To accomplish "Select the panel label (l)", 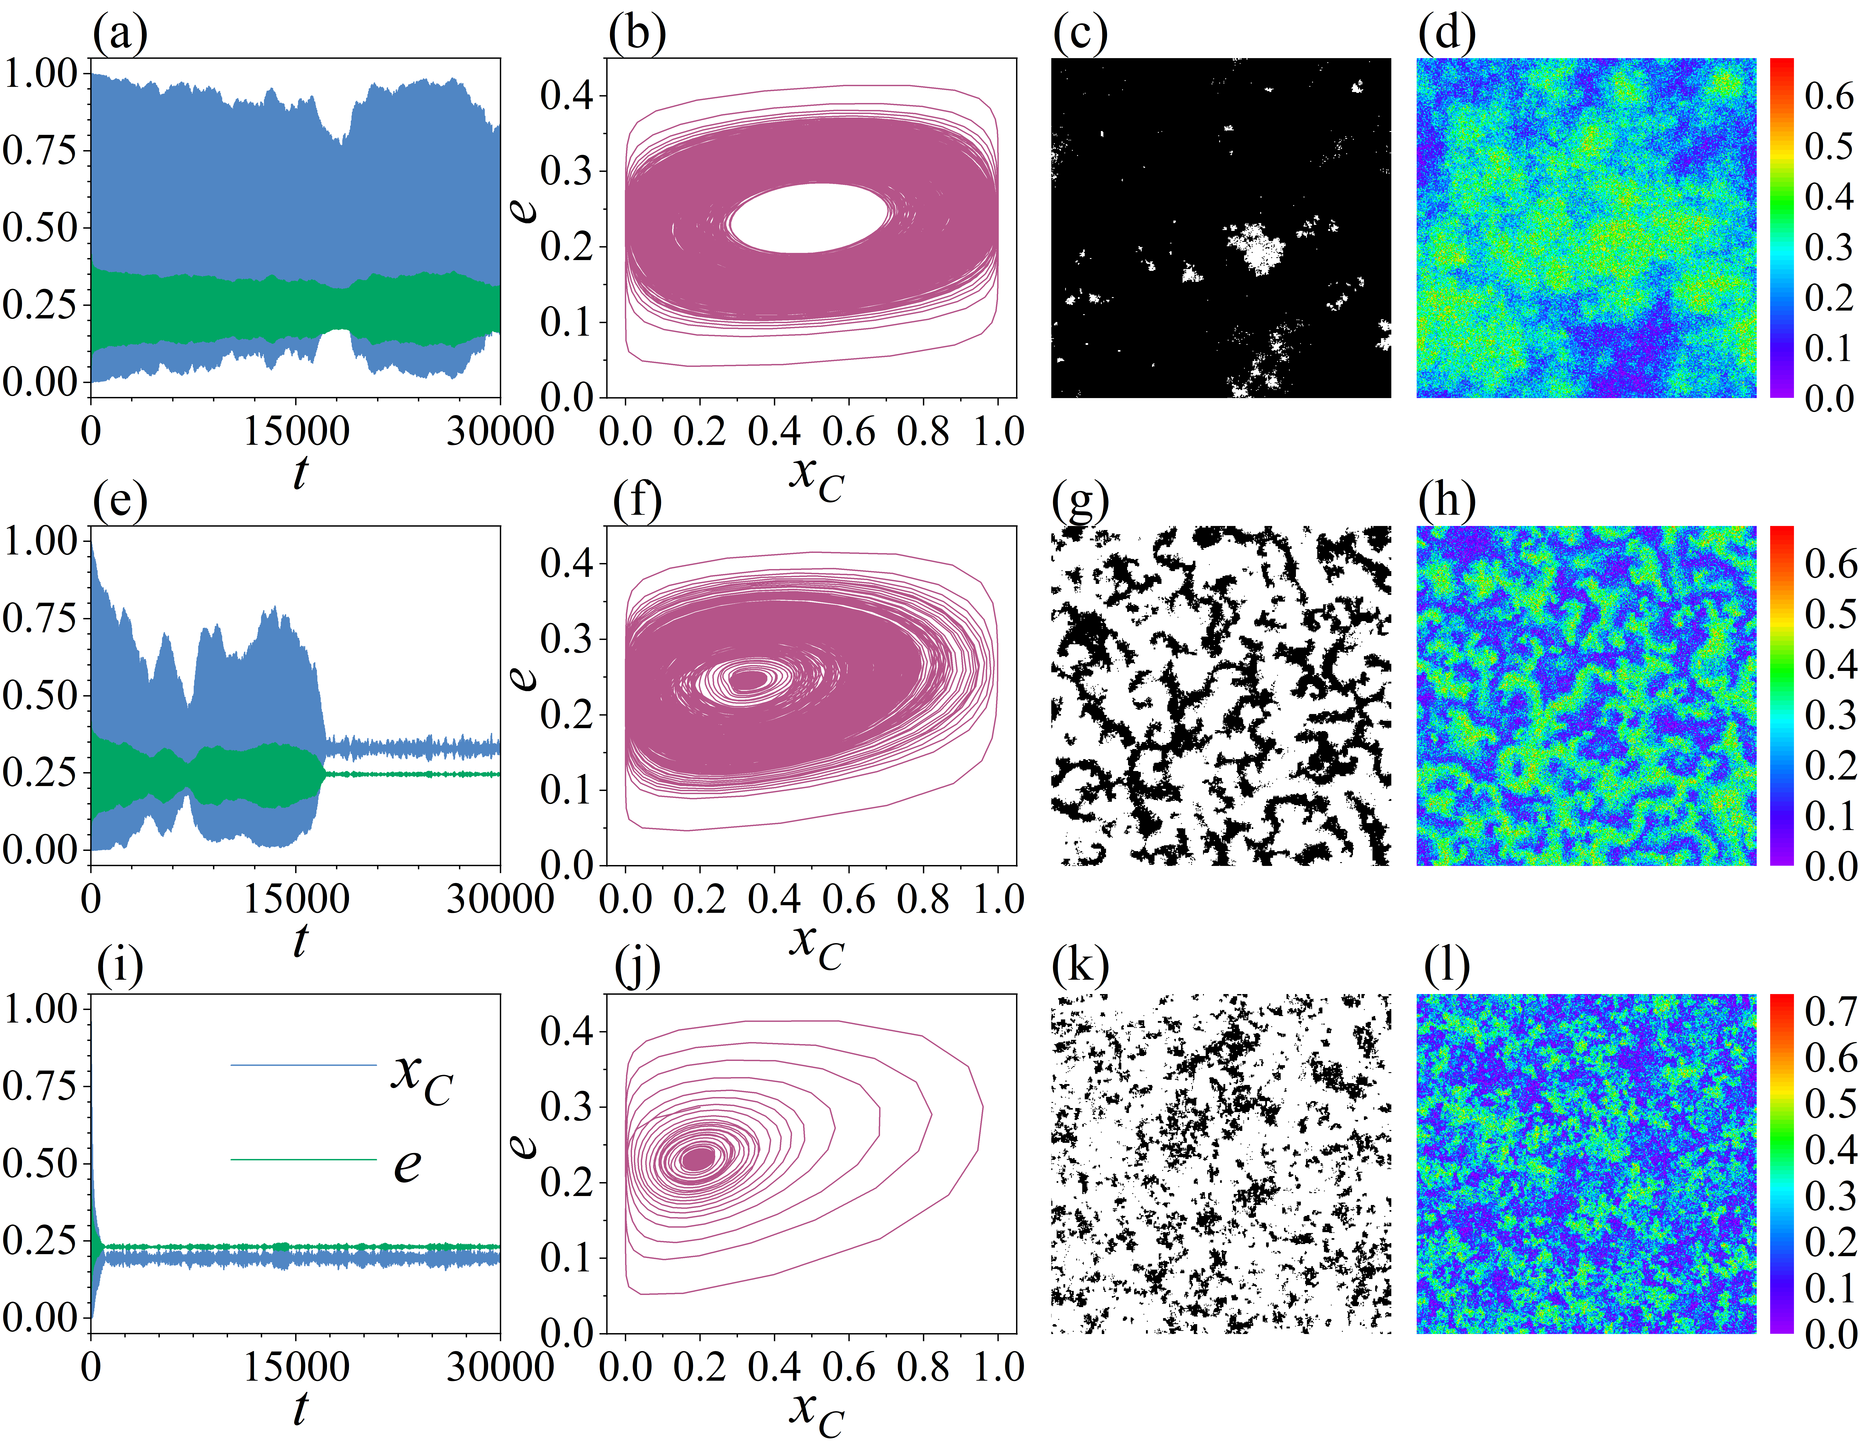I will (1447, 968).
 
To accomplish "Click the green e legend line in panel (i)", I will (303, 1159).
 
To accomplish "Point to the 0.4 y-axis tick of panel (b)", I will (566, 96).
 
